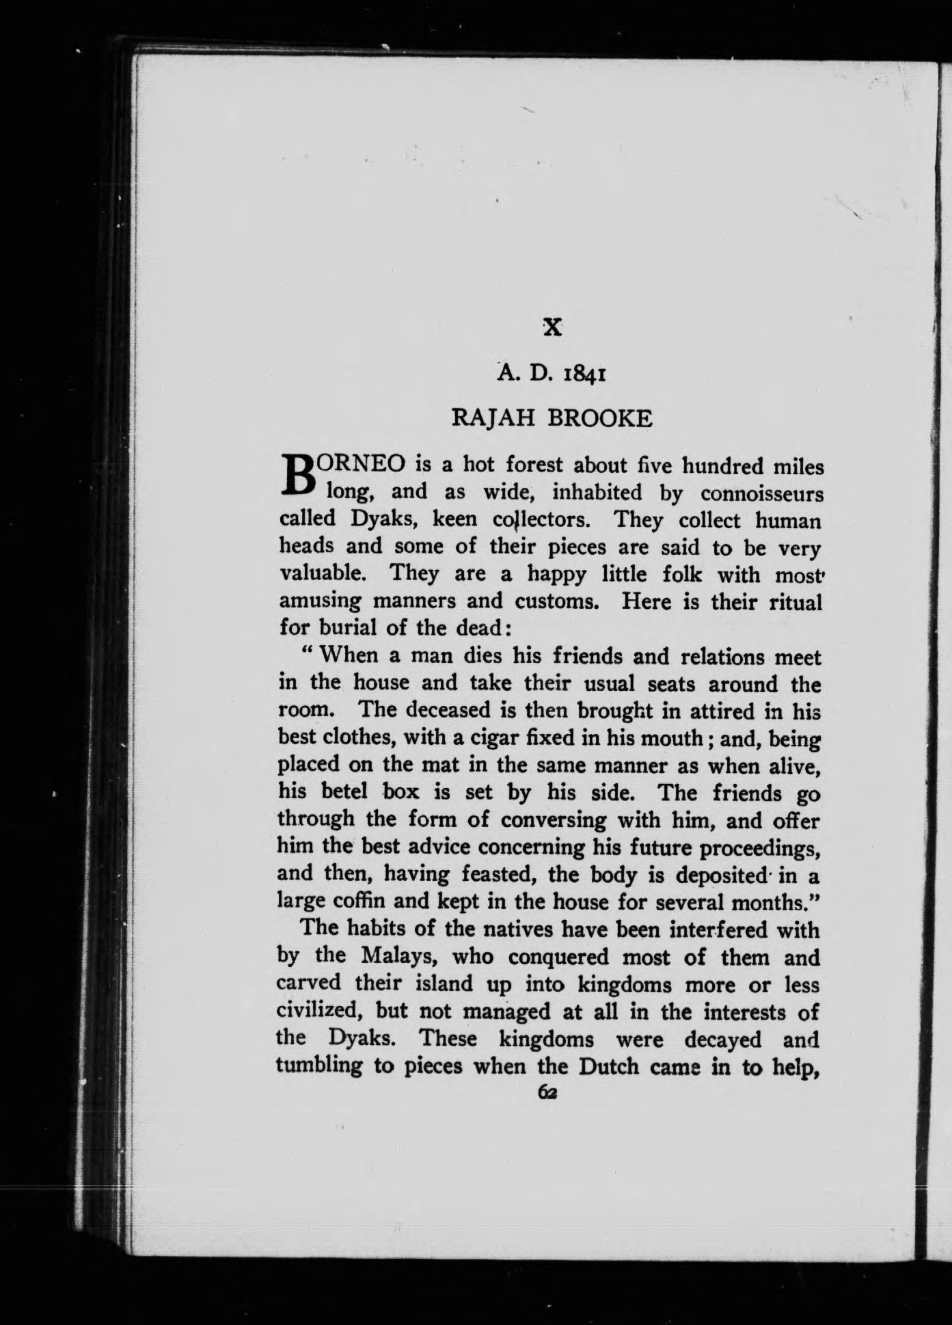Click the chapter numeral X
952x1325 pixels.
[x=552, y=327]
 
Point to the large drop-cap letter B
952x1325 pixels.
[x=296, y=476]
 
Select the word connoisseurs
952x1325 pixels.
[x=762, y=493]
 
